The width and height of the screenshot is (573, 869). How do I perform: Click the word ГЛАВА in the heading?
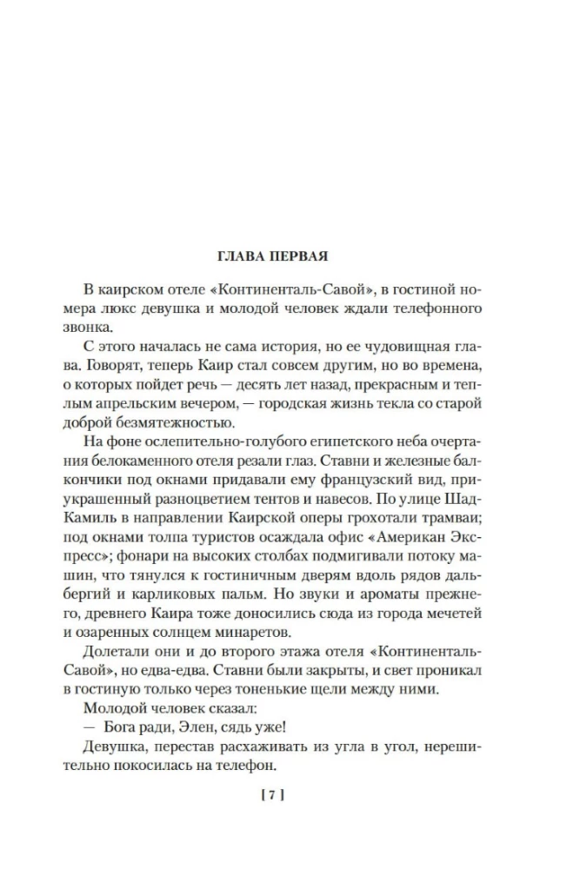[243, 256]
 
